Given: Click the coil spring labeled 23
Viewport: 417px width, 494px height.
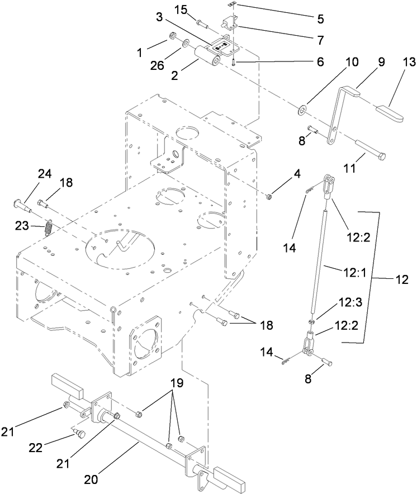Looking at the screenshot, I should click(x=48, y=229).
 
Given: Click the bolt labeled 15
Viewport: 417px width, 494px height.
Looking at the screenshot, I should click(x=202, y=23).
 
